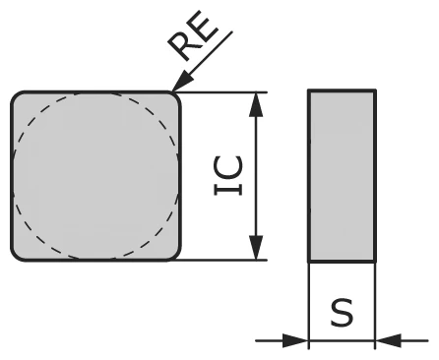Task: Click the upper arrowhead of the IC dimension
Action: [x=257, y=104]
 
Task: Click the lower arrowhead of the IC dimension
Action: [x=257, y=250]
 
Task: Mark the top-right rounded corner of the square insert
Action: [x=176, y=97]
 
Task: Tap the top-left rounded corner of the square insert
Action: [x=17, y=97]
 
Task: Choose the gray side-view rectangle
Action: [x=342, y=177]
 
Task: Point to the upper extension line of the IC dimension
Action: [x=226, y=92]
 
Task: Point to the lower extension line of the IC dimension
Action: [x=226, y=262]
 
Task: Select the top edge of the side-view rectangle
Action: [x=342, y=91]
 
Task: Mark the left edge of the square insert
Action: [x=12, y=177]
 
